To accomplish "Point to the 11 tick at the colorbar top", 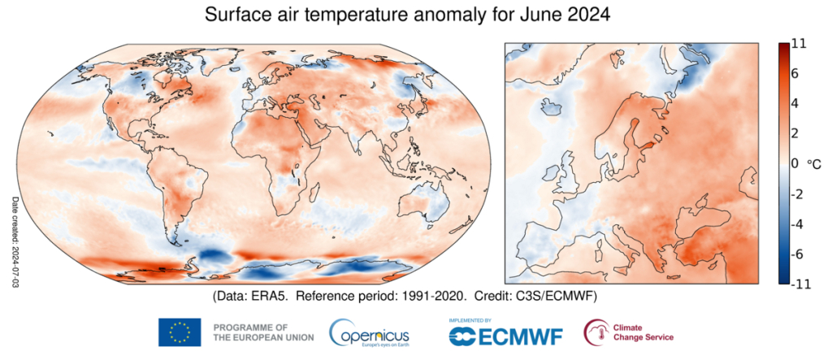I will click(x=798, y=45).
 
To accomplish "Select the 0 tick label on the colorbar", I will click(x=796, y=163).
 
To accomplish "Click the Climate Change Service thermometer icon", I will click(x=596, y=332).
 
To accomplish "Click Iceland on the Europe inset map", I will click(x=554, y=106).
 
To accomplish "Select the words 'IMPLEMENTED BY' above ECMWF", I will click(x=470, y=320).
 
